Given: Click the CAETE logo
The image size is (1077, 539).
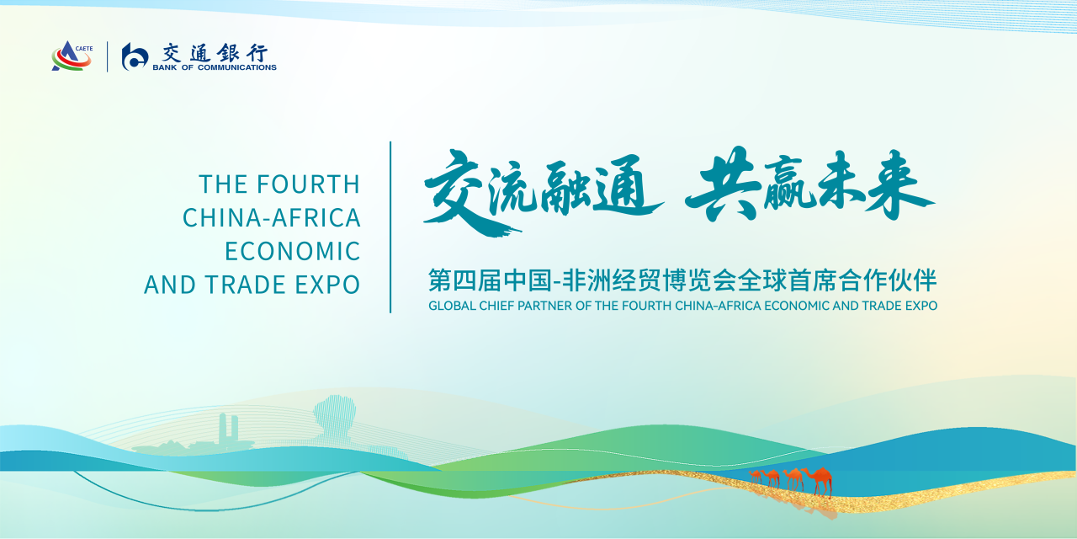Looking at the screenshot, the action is point(72,56).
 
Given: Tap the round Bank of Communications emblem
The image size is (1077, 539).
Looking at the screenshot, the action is point(135,56).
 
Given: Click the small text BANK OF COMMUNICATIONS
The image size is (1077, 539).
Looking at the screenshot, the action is point(215,67).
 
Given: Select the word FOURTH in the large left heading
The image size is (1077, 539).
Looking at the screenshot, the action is point(308,184).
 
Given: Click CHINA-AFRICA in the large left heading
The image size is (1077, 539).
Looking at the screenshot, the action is point(272,217).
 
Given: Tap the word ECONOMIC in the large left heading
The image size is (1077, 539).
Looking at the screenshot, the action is point(293,251).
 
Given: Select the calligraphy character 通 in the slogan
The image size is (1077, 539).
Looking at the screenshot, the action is point(628,185).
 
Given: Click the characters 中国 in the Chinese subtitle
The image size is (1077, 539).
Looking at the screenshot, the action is point(528,281).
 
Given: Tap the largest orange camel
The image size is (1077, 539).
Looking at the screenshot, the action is point(819,480).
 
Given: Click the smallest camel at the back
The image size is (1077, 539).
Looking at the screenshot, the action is point(756,476).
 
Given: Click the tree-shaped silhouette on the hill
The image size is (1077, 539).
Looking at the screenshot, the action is point(335,417).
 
